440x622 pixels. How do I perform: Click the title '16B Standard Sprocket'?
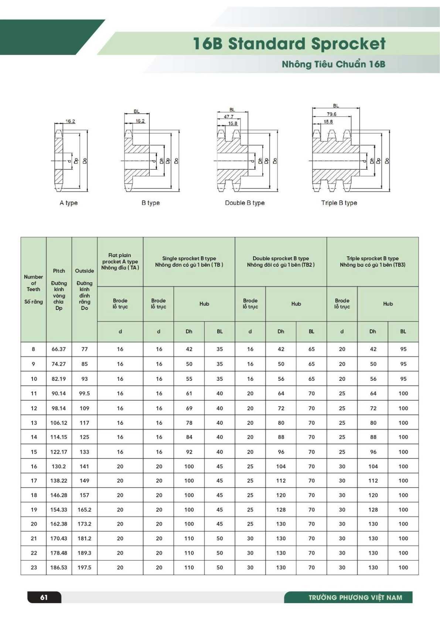coord(289,44)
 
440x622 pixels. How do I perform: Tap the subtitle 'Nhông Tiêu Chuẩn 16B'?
coord(333,64)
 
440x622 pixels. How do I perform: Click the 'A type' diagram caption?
coord(69,203)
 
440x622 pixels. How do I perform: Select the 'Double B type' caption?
coord(245,203)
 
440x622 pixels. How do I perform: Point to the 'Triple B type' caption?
coord(339,203)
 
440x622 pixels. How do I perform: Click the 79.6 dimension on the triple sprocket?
coord(331,114)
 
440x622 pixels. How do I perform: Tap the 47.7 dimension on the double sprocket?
coord(229,117)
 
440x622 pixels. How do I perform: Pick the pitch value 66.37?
coord(59,349)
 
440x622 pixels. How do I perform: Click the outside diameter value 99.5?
coord(84,393)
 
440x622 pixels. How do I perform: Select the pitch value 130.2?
coord(59,466)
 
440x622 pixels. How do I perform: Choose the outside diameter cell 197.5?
coord(84,567)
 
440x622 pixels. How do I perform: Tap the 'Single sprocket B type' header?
coord(189,262)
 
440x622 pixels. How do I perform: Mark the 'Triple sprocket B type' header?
coord(372,262)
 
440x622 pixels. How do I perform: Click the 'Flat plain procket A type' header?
coord(120,262)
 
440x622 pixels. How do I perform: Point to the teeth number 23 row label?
coord(34,567)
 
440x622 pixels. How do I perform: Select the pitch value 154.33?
coord(59,509)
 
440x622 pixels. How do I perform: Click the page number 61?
coord(44,597)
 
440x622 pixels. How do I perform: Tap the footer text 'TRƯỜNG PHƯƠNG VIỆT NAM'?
coord(355,597)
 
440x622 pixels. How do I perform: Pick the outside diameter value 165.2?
coord(84,509)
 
